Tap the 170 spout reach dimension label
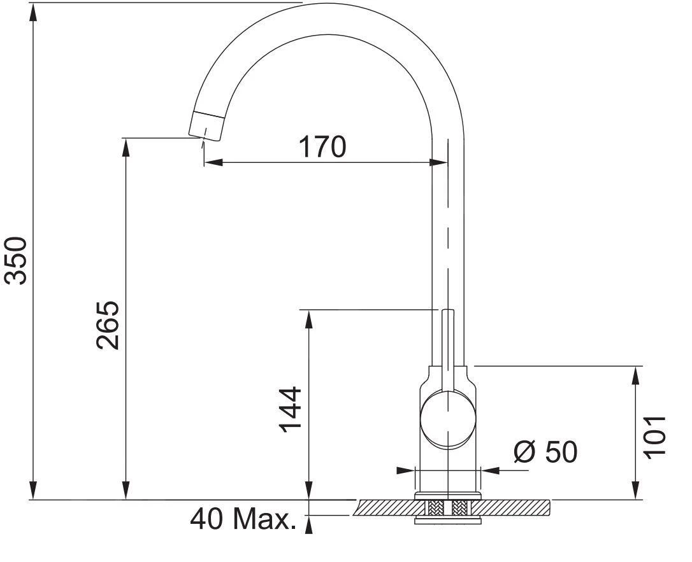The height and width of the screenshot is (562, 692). (x=322, y=147)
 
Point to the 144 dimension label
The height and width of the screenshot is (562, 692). (x=291, y=409)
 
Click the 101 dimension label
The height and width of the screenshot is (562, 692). (x=654, y=436)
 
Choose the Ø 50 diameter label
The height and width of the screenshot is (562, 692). (x=545, y=452)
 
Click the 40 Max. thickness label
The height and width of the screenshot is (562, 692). (x=243, y=520)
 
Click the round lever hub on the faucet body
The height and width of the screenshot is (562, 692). (x=448, y=419)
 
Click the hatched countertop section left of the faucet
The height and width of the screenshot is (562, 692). (x=386, y=507)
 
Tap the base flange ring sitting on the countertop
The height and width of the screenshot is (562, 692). (x=448, y=495)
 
